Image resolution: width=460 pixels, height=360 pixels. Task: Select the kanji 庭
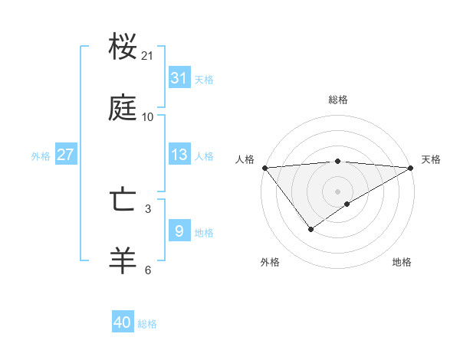point(123,109)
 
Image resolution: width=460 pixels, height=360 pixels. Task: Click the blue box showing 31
point(179,77)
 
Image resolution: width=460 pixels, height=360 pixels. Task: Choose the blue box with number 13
point(179,154)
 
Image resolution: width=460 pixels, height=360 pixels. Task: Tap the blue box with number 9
point(179,231)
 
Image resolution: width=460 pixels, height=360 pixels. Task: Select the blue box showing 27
point(65,154)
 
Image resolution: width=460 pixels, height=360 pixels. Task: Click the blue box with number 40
point(123,322)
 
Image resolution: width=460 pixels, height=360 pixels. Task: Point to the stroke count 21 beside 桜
point(148,56)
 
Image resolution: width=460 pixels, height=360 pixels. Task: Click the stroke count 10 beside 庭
point(148,117)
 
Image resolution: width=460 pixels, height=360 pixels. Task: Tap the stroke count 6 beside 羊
point(148,270)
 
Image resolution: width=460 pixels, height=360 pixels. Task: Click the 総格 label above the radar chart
point(338,100)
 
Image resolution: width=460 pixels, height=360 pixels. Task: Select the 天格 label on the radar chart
point(431,159)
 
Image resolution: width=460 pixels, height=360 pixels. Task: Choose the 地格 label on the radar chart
point(402,262)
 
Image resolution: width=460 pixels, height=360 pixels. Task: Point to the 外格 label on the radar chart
point(270,262)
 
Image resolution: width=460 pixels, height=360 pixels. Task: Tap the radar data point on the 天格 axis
point(411,168)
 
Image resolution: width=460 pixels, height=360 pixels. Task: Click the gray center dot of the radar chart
point(338,191)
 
